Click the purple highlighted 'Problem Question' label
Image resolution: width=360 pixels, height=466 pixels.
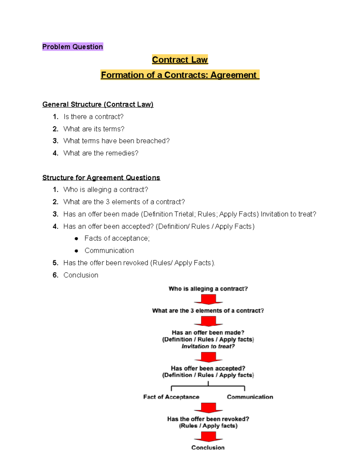(x=73, y=47)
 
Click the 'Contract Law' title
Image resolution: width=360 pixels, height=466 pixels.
(x=180, y=60)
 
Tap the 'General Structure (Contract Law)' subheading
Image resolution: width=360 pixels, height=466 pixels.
(x=98, y=104)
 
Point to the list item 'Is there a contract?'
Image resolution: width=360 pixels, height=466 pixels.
(x=93, y=117)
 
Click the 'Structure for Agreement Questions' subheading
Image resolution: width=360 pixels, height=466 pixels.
(x=101, y=178)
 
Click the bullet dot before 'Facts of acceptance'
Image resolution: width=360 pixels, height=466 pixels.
(x=76, y=239)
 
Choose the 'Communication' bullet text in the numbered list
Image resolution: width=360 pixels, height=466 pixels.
(x=109, y=251)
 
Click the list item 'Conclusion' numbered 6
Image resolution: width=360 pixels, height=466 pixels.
(x=81, y=275)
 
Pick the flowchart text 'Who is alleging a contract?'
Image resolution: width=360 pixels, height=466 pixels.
(x=208, y=289)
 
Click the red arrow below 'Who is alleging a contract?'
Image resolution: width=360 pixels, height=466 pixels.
(x=208, y=299)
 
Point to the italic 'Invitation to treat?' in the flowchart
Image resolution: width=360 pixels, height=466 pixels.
(x=208, y=346)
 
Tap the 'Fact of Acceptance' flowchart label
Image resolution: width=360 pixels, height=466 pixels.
(x=171, y=397)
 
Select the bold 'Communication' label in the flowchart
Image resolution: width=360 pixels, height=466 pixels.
(x=250, y=397)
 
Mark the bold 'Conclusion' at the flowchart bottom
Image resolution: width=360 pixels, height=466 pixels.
(x=208, y=447)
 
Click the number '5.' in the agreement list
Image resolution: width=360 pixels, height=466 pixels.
(x=55, y=263)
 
